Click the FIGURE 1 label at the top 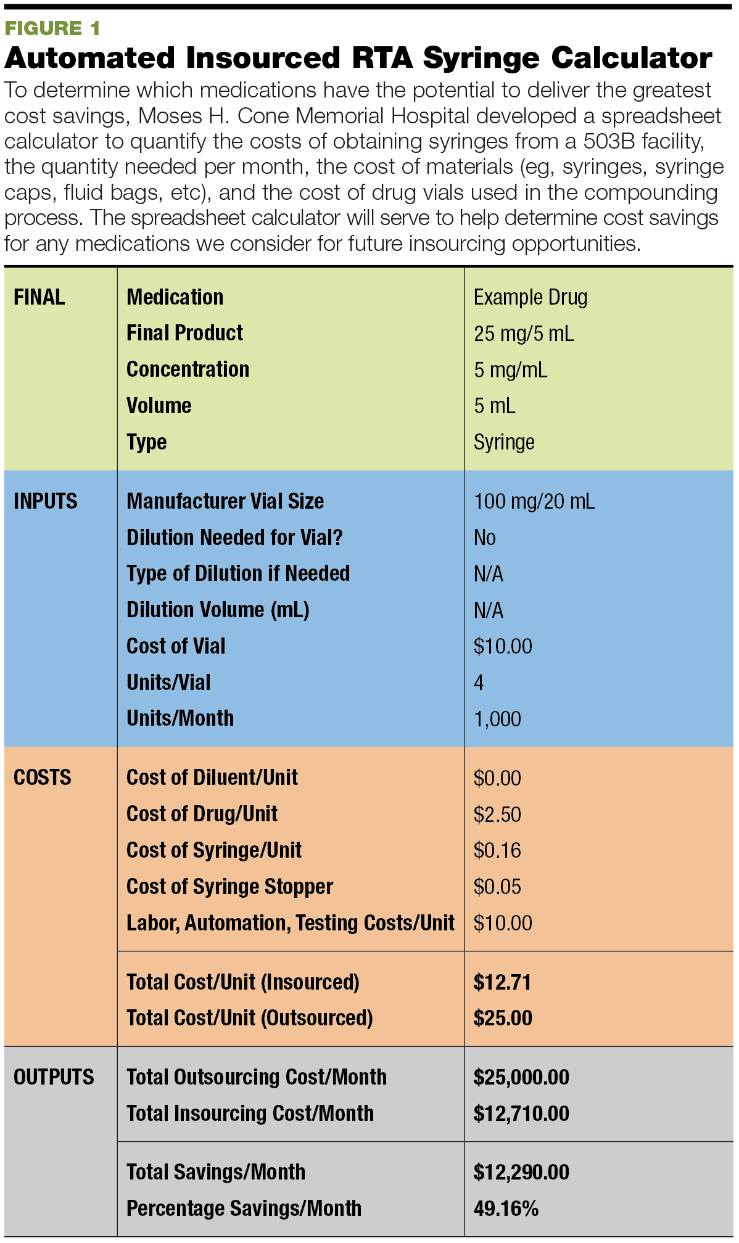pyautogui.click(x=52, y=28)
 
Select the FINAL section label pyautogui.click(x=39, y=297)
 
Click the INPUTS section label pyautogui.click(x=45, y=501)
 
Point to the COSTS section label pyautogui.click(x=42, y=777)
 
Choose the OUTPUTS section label pyautogui.click(x=54, y=1077)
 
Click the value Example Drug pyautogui.click(x=530, y=297)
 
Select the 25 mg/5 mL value pyautogui.click(x=523, y=334)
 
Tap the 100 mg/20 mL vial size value pyautogui.click(x=534, y=501)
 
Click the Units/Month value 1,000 pyautogui.click(x=497, y=719)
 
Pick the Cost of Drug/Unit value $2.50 pyautogui.click(x=497, y=814)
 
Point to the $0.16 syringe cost pyautogui.click(x=497, y=851)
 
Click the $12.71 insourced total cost pyautogui.click(x=502, y=982)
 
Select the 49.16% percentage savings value pyautogui.click(x=506, y=1208)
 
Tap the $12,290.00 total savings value pyautogui.click(x=521, y=1172)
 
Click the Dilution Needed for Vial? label pyautogui.click(x=234, y=538)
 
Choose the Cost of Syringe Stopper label pyautogui.click(x=229, y=887)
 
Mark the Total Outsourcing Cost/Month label pyautogui.click(x=257, y=1077)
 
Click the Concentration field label pyautogui.click(x=188, y=369)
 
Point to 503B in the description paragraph pyautogui.click(x=609, y=141)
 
